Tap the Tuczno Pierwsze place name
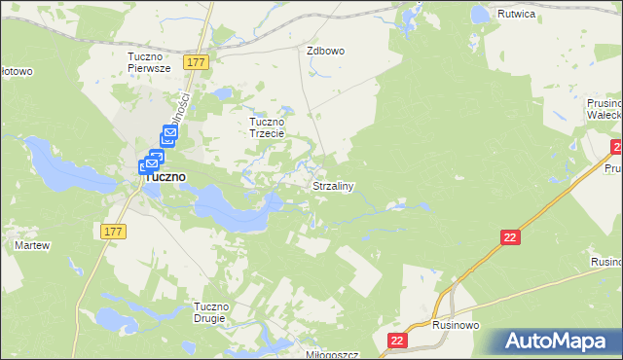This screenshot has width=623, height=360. [x=149, y=62]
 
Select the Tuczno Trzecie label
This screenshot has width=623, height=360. [x=267, y=127]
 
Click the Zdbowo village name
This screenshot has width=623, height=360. [x=326, y=51]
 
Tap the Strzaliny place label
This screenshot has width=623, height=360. [x=332, y=185]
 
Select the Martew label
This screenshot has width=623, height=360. [x=31, y=245]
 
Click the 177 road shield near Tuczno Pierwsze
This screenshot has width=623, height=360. [x=197, y=62]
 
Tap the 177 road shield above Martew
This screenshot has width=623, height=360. [x=112, y=230]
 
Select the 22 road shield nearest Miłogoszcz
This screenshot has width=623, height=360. [x=397, y=340]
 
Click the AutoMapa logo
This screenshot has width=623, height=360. [x=560, y=342]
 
